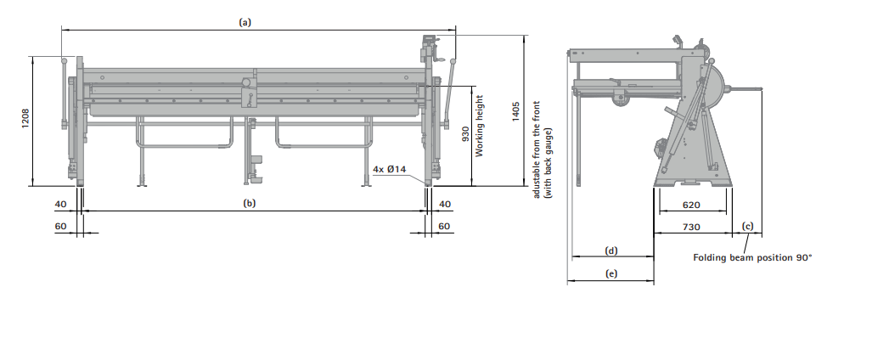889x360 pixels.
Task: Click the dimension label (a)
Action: [245, 22]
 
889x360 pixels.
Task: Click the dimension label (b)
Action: [250, 203]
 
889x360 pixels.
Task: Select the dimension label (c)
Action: [748, 226]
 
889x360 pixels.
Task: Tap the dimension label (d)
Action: [611, 250]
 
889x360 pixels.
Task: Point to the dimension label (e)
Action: [611, 273]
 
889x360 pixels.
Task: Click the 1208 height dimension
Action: [25, 118]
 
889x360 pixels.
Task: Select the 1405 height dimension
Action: [516, 112]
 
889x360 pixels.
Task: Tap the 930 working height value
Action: [466, 132]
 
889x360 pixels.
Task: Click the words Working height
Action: [479, 126]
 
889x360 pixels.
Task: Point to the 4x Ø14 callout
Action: [390, 169]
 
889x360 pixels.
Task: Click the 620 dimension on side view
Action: [691, 205]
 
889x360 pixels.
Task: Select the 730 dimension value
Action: [691, 227]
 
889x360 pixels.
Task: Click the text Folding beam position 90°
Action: [752, 257]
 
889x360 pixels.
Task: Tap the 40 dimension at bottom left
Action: [60, 204]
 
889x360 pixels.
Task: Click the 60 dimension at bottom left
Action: [60, 226]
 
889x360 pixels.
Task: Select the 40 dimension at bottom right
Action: [445, 204]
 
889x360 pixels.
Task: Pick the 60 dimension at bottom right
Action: [444, 226]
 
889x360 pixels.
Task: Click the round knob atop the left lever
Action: [64, 60]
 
